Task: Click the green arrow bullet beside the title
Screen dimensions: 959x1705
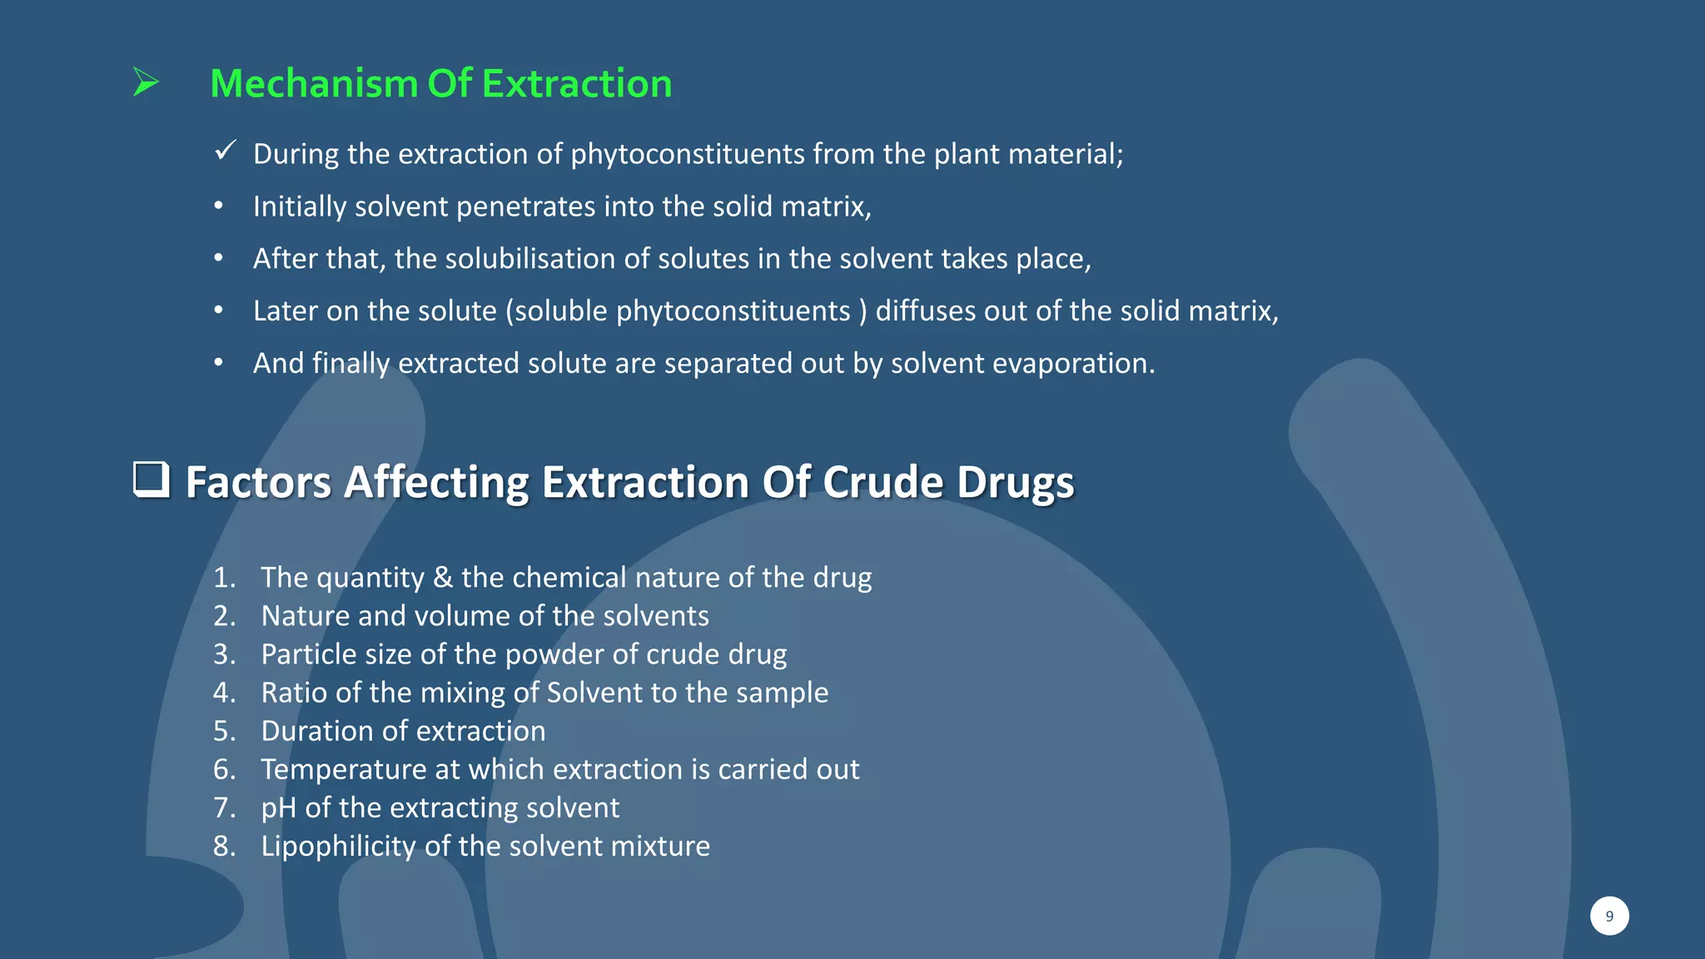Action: click(x=146, y=82)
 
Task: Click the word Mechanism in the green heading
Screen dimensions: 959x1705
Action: click(x=313, y=84)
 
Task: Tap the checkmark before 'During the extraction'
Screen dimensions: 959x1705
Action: click(x=225, y=151)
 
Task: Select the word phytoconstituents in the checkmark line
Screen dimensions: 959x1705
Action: click(x=688, y=155)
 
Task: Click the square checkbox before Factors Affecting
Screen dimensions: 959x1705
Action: click(x=152, y=480)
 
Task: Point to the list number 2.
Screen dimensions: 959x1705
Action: click(x=224, y=616)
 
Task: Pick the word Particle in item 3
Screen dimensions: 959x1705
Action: click(x=309, y=654)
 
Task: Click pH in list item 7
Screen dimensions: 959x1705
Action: click(x=278, y=808)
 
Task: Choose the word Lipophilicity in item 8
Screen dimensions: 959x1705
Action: click(x=338, y=847)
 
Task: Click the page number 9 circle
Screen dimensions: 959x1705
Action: click(x=1608, y=916)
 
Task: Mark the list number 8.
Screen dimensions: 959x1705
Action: click(x=224, y=847)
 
